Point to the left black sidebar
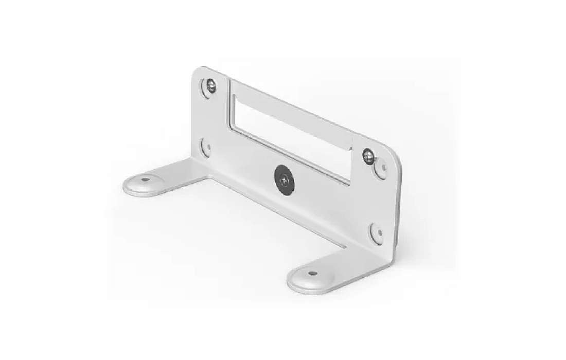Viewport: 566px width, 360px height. coord(51,180)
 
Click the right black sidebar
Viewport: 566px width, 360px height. coord(515,180)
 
